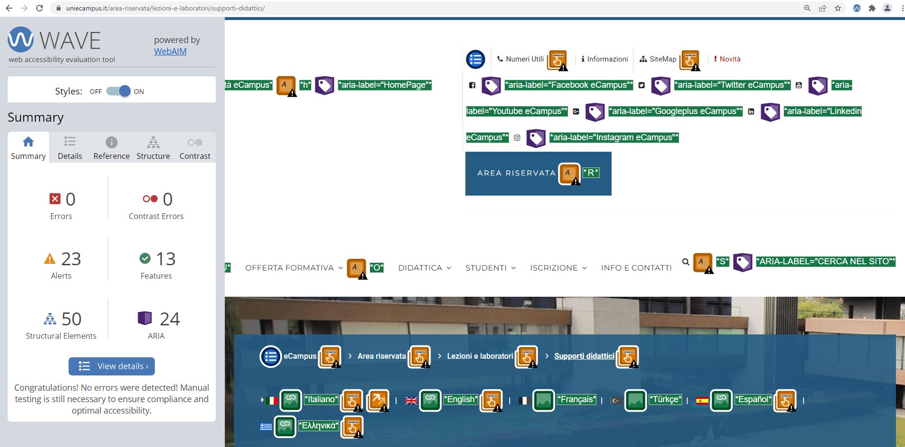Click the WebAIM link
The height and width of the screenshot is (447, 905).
click(170, 52)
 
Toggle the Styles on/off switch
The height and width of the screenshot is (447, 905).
click(118, 91)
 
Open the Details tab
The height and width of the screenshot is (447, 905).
click(70, 148)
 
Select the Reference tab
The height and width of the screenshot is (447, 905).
click(111, 148)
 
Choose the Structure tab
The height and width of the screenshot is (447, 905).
click(153, 148)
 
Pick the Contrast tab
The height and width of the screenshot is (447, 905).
click(195, 148)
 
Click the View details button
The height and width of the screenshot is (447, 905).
click(111, 366)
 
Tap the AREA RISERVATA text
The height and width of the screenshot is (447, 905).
click(516, 173)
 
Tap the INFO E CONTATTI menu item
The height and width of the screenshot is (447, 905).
click(636, 268)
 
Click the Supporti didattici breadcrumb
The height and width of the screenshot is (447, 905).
click(584, 356)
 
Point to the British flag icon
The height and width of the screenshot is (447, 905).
click(411, 401)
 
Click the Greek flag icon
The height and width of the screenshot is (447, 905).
click(266, 426)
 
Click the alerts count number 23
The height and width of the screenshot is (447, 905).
click(71, 259)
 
